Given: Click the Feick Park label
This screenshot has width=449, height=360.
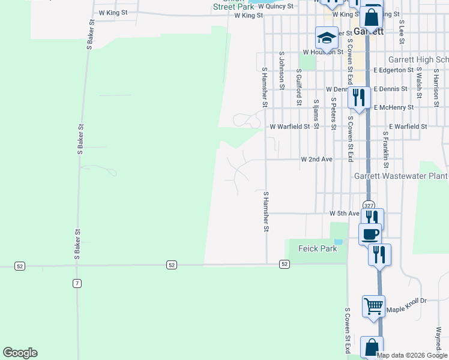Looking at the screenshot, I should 313,248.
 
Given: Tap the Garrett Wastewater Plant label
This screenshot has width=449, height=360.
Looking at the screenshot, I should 401,176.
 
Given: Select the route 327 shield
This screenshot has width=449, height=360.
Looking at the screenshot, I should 369,205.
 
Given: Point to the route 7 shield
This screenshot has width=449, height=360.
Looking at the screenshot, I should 77,283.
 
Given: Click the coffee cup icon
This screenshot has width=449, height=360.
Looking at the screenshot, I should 370,233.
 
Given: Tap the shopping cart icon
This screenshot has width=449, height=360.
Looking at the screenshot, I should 373,306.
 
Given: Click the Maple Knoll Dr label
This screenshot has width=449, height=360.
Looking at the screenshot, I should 406,310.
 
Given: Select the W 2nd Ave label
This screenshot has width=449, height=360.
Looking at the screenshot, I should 317,160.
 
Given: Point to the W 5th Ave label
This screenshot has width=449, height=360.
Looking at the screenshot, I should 345,214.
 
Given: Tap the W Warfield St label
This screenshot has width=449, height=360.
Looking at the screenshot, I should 290,127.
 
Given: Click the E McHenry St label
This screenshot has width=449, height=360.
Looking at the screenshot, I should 394,107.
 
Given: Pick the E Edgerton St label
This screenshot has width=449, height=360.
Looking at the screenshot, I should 394,70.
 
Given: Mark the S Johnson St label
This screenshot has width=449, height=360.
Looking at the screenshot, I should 281,70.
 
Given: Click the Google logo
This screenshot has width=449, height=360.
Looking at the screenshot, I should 20,353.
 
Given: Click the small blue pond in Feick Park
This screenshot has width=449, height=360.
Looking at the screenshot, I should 339,242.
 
